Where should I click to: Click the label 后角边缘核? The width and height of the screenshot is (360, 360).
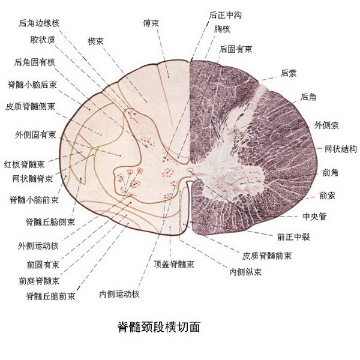(x=39, y=23)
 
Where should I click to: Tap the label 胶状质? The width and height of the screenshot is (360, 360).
(x=43, y=40)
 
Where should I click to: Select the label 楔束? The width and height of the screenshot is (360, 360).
(x=95, y=41)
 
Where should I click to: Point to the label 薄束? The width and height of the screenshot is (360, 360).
(x=151, y=23)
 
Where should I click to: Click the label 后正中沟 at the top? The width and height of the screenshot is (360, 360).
(x=225, y=15)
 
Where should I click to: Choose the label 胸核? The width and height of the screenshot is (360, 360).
(x=222, y=29)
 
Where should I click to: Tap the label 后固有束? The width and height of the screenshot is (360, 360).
(x=236, y=49)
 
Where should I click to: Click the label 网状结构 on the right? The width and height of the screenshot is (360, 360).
(x=341, y=149)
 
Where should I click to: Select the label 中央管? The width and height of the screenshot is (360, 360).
(x=314, y=216)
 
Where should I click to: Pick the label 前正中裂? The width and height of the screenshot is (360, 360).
(x=293, y=237)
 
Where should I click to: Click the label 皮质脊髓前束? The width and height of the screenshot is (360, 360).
(x=267, y=256)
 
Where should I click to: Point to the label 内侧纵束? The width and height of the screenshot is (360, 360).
(x=245, y=272)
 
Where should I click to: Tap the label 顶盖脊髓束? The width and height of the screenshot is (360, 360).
(x=174, y=264)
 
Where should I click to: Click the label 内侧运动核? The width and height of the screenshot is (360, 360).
(x=119, y=294)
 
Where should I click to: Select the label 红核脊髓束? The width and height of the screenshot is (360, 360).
(x=25, y=164)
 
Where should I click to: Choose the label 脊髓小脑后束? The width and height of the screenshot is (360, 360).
(x=32, y=85)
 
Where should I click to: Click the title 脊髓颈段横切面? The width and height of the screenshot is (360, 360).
(x=158, y=327)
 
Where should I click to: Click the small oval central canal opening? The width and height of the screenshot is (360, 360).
(x=190, y=170)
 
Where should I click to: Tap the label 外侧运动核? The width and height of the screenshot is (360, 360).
(x=38, y=246)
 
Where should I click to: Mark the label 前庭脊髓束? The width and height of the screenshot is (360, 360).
(x=39, y=281)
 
